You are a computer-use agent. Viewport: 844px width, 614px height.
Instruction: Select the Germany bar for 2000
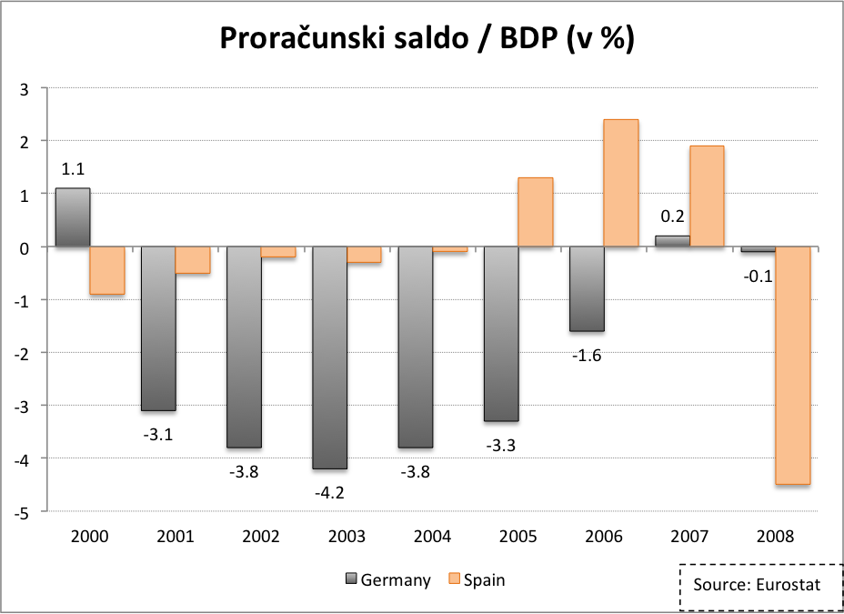(73, 217)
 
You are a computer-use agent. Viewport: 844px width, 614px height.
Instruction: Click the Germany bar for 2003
(329, 357)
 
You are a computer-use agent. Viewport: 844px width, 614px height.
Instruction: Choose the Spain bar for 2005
(536, 212)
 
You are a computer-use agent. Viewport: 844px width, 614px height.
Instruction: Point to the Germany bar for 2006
(587, 289)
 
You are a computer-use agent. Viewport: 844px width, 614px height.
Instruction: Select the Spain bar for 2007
(707, 196)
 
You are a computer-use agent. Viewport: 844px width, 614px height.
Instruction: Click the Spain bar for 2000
(107, 270)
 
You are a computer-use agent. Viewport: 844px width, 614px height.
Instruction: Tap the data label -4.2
(329, 493)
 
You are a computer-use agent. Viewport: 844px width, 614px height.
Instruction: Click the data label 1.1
(73, 168)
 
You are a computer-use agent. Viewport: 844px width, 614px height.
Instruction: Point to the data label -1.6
(587, 356)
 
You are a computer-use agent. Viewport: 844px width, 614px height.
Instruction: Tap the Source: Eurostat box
(756, 585)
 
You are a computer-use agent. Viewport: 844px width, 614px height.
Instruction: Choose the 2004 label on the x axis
(432, 537)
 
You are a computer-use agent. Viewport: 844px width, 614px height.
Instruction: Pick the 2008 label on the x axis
(775, 537)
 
